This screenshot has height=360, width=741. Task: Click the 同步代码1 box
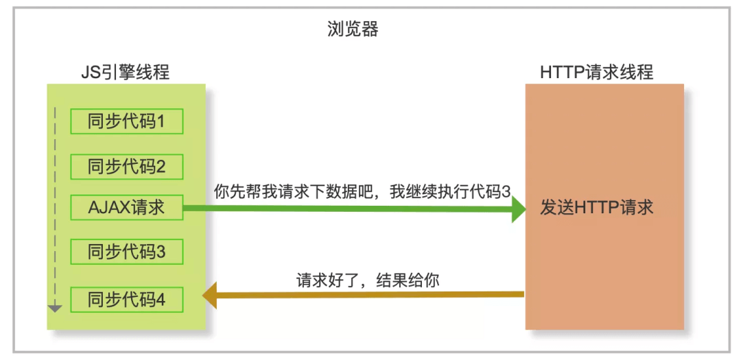coord(127,121)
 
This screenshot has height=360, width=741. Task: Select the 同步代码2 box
coord(127,166)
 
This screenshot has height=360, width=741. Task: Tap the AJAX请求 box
coord(127,207)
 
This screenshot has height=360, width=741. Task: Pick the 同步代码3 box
coord(127,252)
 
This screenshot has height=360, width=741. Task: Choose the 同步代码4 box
coord(127,300)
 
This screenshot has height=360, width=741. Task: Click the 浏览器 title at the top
coord(353,29)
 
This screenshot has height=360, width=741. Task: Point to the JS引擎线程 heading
coord(124,71)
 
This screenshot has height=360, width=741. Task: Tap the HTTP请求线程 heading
coord(596,71)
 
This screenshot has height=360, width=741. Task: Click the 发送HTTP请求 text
coord(596,208)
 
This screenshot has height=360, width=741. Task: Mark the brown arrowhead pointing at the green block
coord(209,296)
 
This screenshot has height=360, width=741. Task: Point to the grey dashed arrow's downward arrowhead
coord(56,309)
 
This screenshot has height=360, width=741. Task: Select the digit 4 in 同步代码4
coord(161,300)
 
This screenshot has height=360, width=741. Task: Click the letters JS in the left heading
coord(89,71)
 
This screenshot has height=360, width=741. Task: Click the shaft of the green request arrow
coord(343,210)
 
